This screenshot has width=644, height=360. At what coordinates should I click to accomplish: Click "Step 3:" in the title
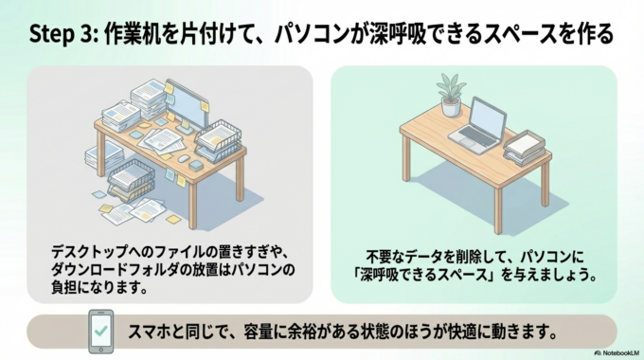(62, 35)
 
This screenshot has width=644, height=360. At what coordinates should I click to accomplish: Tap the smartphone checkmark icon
(100, 331)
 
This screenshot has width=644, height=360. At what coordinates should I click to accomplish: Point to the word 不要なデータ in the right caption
(399, 257)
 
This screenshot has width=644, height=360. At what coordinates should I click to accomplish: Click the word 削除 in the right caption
(451, 257)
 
